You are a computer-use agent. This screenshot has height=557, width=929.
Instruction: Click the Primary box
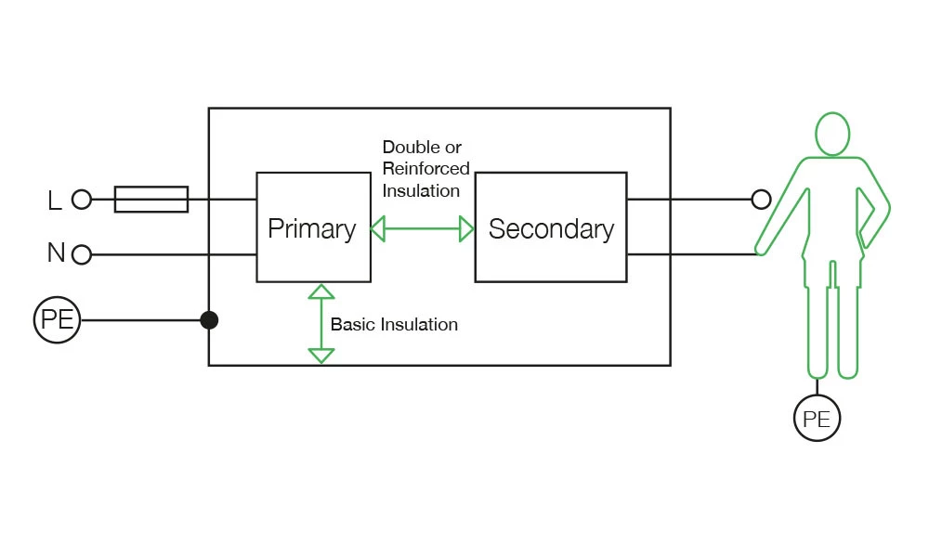point(312,227)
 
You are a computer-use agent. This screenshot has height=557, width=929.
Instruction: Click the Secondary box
point(551,227)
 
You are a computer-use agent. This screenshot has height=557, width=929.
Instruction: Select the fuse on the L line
point(151,200)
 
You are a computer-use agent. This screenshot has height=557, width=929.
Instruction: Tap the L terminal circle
point(82,200)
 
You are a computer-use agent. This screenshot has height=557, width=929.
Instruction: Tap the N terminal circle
point(82,254)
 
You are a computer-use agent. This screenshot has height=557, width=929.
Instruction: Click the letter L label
point(55,200)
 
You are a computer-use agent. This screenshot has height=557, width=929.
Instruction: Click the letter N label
point(56,253)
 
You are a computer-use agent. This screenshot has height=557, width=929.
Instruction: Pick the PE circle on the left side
point(58,320)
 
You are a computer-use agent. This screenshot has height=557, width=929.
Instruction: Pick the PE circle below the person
point(817,419)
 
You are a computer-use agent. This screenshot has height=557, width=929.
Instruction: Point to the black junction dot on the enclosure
point(209,320)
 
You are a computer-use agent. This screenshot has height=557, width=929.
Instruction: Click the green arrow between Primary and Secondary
point(423,228)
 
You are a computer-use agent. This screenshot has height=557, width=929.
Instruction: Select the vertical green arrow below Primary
point(321,324)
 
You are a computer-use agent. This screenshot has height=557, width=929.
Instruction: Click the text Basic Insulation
point(394,325)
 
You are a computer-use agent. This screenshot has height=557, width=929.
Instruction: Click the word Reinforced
point(426,169)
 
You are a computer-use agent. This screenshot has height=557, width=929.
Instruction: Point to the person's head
point(832,134)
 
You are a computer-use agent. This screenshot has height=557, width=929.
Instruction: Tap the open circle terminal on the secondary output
point(761,199)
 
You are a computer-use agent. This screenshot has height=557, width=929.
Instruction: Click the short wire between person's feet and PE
point(818,387)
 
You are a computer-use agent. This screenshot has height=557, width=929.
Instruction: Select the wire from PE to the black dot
point(139,320)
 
